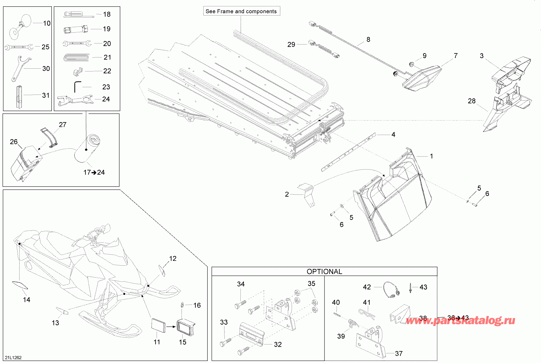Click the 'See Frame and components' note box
pos(241,11)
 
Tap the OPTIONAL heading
pos(324,271)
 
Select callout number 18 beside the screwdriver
pos(107,14)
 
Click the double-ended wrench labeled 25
pos(19,47)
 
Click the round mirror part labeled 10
pos(20,25)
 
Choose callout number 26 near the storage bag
pos(14,142)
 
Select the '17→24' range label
pos(94,172)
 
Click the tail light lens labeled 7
pos(422,78)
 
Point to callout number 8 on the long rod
pos(368,39)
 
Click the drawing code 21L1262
pos(13,357)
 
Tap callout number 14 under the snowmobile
pos(26,300)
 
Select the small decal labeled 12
pos(162,271)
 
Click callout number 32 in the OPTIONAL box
pos(278,344)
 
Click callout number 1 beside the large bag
pos(431,156)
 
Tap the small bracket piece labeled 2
pos(307,194)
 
